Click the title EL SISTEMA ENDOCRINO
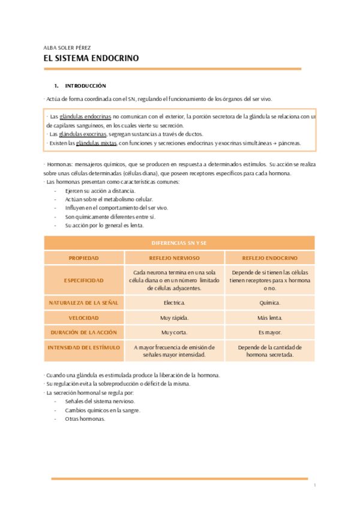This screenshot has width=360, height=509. [x=91, y=59]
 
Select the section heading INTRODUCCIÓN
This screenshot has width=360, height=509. [x=85, y=86]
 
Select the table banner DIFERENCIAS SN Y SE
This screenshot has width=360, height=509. [x=179, y=242]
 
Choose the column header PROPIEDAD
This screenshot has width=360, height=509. [x=83, y=258]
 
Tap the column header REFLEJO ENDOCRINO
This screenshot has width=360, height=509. [x=269, y=258]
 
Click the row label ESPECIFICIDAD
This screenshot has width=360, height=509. [x=83, y=280]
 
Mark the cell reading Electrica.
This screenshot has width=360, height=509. [x=174, y=303]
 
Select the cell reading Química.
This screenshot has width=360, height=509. [x=269, y=303]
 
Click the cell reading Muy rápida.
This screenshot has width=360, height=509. [x=174, y=318]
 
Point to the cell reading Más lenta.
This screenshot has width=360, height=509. [x=269, y=318]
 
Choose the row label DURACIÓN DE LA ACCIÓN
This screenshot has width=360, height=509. [x=83, y=332]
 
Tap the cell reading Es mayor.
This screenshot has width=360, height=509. [x=269, y=332]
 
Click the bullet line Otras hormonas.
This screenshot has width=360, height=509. [x=85, y=419]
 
